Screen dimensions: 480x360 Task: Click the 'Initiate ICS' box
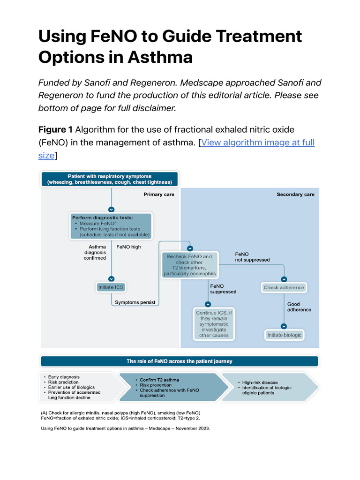tap(111, 287)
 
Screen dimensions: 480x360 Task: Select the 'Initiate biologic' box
tap(284, 335)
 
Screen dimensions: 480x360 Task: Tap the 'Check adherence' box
tap(284, 287)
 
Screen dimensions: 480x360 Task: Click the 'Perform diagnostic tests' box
tap(111, 226)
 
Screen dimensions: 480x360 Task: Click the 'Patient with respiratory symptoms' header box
tap(110, 179)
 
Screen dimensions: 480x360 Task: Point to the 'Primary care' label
tap(158, 194)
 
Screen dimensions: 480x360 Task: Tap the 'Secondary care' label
tap(295, 194)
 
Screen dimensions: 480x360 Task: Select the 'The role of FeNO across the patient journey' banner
tap(180, 361)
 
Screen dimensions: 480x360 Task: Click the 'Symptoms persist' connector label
tap(135, 302)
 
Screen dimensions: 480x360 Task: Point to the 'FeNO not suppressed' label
tap(252, 257)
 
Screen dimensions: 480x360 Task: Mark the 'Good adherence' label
tap(299, 307)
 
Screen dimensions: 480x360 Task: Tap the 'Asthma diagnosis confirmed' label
tap(95, 252)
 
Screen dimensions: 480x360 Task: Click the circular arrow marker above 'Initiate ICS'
tap(112, 278)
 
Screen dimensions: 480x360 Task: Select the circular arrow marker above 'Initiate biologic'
tap(284, 326)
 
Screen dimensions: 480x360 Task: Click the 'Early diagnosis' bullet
tap(63, 377)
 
